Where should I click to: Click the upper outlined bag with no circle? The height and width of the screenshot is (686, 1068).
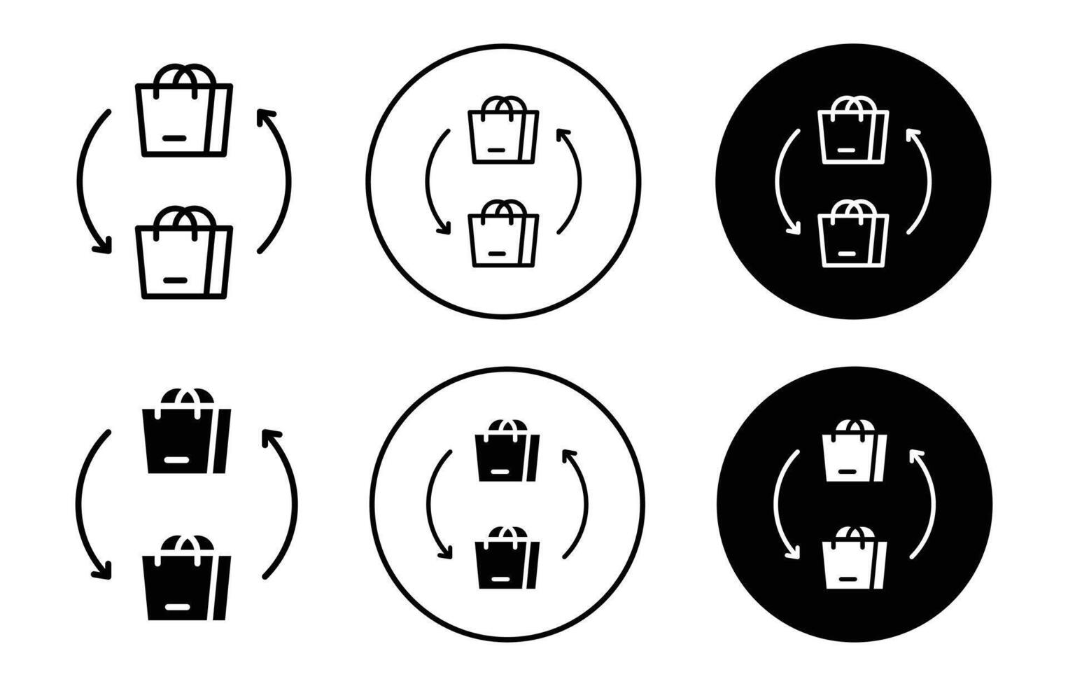(x=183, y=119)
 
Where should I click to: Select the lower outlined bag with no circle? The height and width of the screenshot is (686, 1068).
(x=183, y=260)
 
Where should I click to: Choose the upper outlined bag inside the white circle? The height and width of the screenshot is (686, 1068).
(x=503, y=136)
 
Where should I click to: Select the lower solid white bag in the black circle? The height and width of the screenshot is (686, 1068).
(x=854, y=563)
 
